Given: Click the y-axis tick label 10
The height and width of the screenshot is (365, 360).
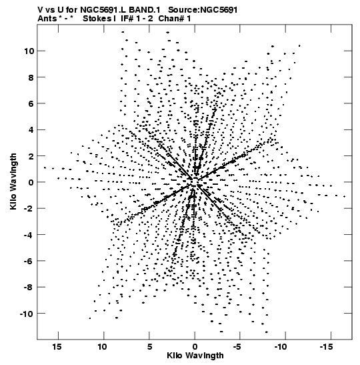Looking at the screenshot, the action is [x=29, y=51].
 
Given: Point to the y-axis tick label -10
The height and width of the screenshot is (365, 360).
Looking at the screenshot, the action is [x=27, y=314].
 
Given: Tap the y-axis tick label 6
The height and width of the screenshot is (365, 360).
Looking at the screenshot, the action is [x=31, y=103].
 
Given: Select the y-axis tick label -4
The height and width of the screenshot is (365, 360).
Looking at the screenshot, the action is [x=29, y=235].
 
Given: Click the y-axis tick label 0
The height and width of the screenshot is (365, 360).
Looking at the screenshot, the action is [x=31, y=182].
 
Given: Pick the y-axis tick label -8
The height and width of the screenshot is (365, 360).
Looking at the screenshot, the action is [x=29, y=287].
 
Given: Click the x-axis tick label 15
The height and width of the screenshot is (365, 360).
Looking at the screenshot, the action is [x=57, y=347].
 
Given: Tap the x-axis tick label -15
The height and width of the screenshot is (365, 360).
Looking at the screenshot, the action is [x=326, y=347].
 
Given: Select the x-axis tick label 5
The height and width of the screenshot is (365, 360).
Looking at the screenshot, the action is [x=149, y=347].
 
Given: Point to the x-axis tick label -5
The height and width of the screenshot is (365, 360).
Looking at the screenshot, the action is [x=237, y=347].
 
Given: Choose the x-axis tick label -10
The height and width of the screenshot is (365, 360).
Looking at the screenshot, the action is [x=281, y=347].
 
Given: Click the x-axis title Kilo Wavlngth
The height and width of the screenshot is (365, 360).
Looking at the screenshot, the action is [x=195, y=356].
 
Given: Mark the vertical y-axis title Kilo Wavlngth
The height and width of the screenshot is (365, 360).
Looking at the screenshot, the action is [x=13, y=181].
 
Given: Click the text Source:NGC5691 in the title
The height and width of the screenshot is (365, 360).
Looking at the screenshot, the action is [x=203, y=10].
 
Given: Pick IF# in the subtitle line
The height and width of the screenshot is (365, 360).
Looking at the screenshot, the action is [x=127, y=19].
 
